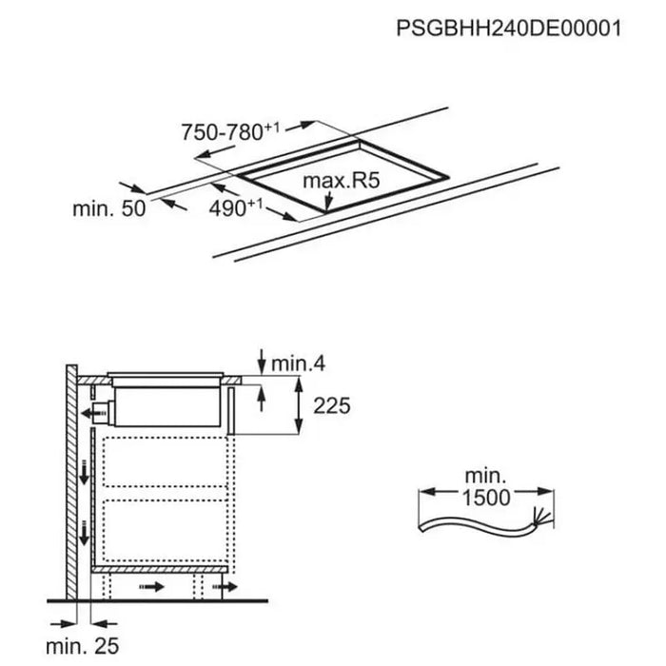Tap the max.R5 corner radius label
tap(328, 181)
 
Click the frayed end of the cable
tap(546, 519)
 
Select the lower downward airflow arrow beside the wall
tap(85, 533)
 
